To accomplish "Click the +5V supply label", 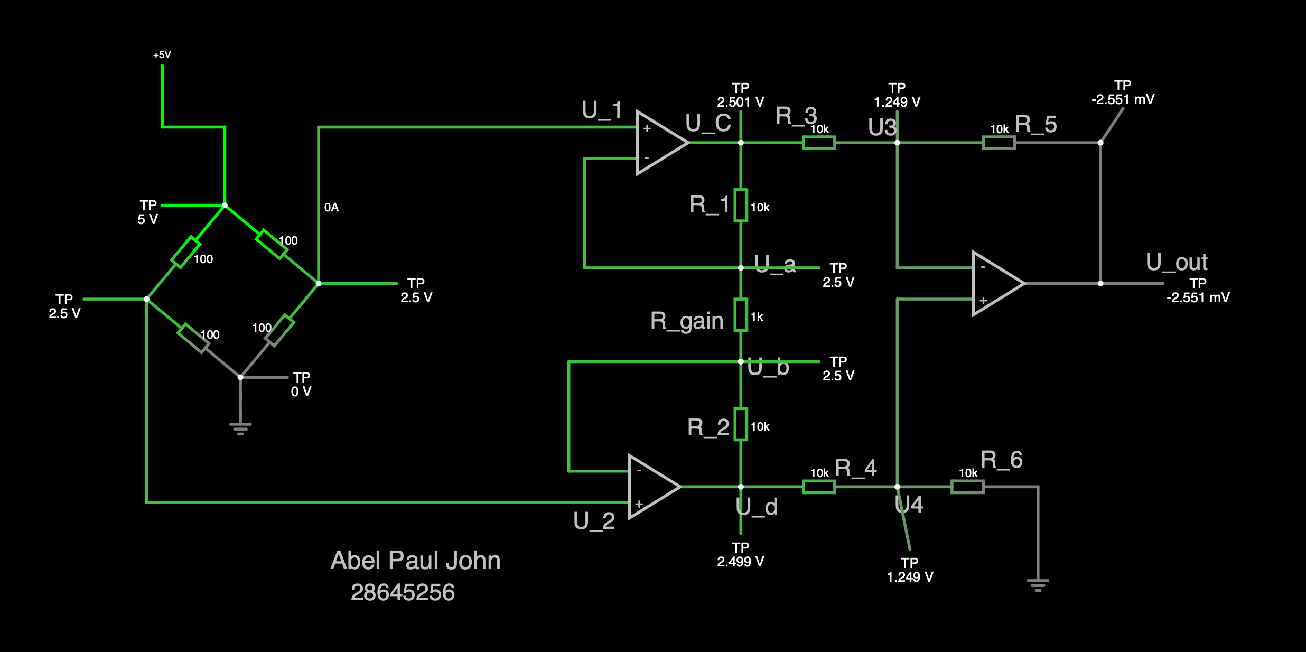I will tap(162, 55).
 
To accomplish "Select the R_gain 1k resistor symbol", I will tap(741, 315).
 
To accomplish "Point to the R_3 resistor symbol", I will tap(819, 143).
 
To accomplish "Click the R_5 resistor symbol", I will tap(999, 143).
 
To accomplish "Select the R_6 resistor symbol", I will tap(967, 487).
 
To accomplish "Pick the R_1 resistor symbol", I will tap(741, 205).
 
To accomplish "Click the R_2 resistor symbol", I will tap(741, 424).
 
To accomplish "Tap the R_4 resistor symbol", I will tap(819, 487).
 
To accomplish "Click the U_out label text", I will tap(1177, 263).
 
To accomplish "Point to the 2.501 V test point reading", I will tap(740, 102).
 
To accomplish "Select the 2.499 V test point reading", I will tap(740, 562).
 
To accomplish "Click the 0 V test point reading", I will tap(301, 392).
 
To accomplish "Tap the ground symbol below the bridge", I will tap(240, 429).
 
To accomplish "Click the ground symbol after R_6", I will tap(1038, 585).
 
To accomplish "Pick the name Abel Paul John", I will tap(415, 561).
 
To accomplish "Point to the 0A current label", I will tap(331, 208).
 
